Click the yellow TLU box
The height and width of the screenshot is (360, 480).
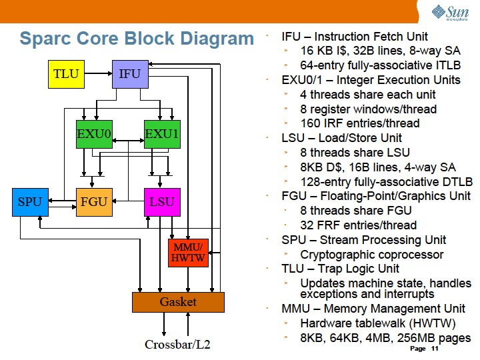[66, 74]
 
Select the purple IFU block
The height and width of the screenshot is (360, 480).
[130, 74]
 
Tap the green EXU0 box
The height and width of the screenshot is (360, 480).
[94, 134]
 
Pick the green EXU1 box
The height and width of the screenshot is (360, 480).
[162, 134]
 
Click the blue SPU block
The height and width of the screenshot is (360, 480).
[30, 202]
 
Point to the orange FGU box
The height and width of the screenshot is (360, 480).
[94, 202]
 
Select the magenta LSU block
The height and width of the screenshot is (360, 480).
[162, 202]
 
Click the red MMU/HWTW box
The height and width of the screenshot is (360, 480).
[188, 253]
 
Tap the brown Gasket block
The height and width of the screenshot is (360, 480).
[178, 302]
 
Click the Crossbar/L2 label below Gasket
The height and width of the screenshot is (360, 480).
[177, 345]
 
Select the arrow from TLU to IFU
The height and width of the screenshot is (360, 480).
[98, 73]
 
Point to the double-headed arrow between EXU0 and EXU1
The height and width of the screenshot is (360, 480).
[128, 141]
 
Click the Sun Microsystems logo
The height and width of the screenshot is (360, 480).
[450, 13]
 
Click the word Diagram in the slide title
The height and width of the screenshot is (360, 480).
[217, 39]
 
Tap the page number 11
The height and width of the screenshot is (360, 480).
[435, 349]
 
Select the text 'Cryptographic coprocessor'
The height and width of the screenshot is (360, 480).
[371, 255]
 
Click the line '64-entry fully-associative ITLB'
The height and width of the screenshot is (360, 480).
[381, 65]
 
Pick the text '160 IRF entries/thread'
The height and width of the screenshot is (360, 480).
[360, 123]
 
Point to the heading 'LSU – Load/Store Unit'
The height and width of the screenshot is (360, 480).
[341, 138]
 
